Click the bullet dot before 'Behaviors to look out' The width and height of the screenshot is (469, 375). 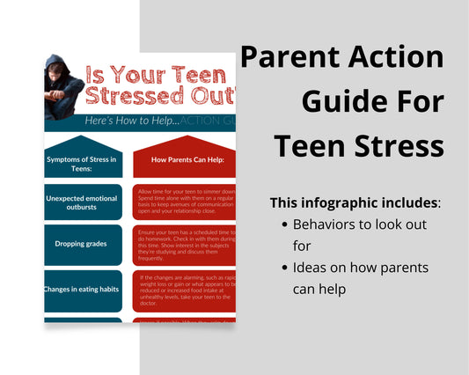pyautogui.click(x=284, y=225)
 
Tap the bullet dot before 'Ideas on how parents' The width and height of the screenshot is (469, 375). pyautogui.click(x=284, y=268)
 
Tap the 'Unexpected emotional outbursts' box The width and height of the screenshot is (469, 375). pyautogui.click(x=82, y=203)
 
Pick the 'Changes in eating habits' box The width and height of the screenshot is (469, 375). pyautogui.click(x=82, y=287)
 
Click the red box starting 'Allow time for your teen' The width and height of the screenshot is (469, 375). pyautogui.click(x=184, y=202)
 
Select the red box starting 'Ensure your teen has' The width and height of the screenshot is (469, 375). pyautogui.click(x=184, y=245)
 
